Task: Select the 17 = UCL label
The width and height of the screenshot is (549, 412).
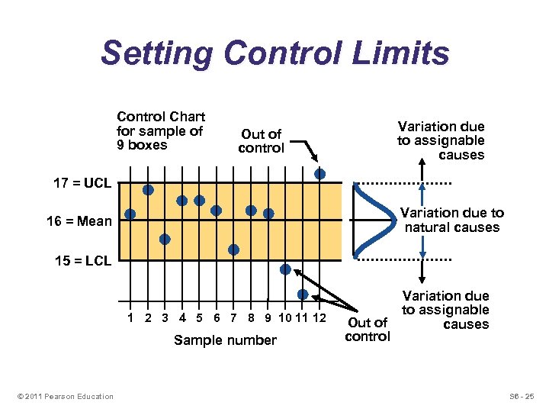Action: pos(82,184)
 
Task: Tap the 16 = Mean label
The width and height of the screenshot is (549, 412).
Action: pos(79,221)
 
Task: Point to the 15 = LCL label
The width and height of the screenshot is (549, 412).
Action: pos(83,261)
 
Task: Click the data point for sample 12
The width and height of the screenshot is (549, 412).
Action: pos(320,174)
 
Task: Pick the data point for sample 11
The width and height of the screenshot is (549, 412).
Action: pos(303,295)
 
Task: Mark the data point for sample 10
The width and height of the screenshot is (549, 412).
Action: pos(285,269)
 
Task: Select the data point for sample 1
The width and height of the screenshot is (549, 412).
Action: pos(130,214)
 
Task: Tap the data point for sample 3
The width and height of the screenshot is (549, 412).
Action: pos(165,239)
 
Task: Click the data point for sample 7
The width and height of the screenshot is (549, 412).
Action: pos(233,249)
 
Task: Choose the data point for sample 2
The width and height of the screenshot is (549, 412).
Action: pos(148,189)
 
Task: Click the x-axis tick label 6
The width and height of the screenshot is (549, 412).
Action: pos(217,317)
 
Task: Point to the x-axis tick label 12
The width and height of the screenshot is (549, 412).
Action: pos(319,317)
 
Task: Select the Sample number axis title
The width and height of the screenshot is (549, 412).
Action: pos(225,340)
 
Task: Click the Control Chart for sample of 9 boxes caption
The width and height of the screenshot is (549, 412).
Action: pos(161,130)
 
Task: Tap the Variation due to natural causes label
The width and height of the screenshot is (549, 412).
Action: pos(451,220)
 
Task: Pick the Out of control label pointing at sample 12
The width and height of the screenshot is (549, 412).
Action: pos(261,141)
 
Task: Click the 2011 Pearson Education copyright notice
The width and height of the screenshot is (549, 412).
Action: pos(65,396)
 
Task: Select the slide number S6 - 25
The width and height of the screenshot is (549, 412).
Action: pos(523,396)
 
